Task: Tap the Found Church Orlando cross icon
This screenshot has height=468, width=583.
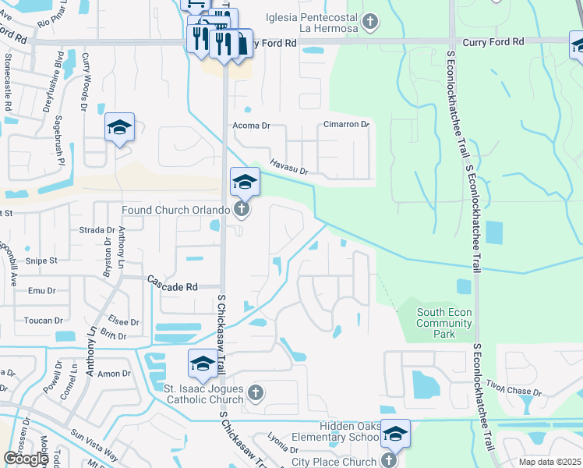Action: [242, 209]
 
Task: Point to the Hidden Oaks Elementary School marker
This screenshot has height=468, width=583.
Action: [395, 435]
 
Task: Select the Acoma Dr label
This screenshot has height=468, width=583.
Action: [251, 125]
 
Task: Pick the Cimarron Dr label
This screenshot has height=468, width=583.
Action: [346, 125]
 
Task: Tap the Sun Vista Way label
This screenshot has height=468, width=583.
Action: [94, 445]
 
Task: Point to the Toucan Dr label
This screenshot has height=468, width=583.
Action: [44, 321]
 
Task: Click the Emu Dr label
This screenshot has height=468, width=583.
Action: [41, 291]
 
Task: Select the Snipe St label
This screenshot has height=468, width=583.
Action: [42, 261]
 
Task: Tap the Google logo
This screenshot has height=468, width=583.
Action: [26, 459]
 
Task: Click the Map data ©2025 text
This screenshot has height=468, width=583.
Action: [549, 462]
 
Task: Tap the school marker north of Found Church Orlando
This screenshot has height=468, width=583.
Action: [245, 183]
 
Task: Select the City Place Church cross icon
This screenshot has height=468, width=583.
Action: [388, 461]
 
